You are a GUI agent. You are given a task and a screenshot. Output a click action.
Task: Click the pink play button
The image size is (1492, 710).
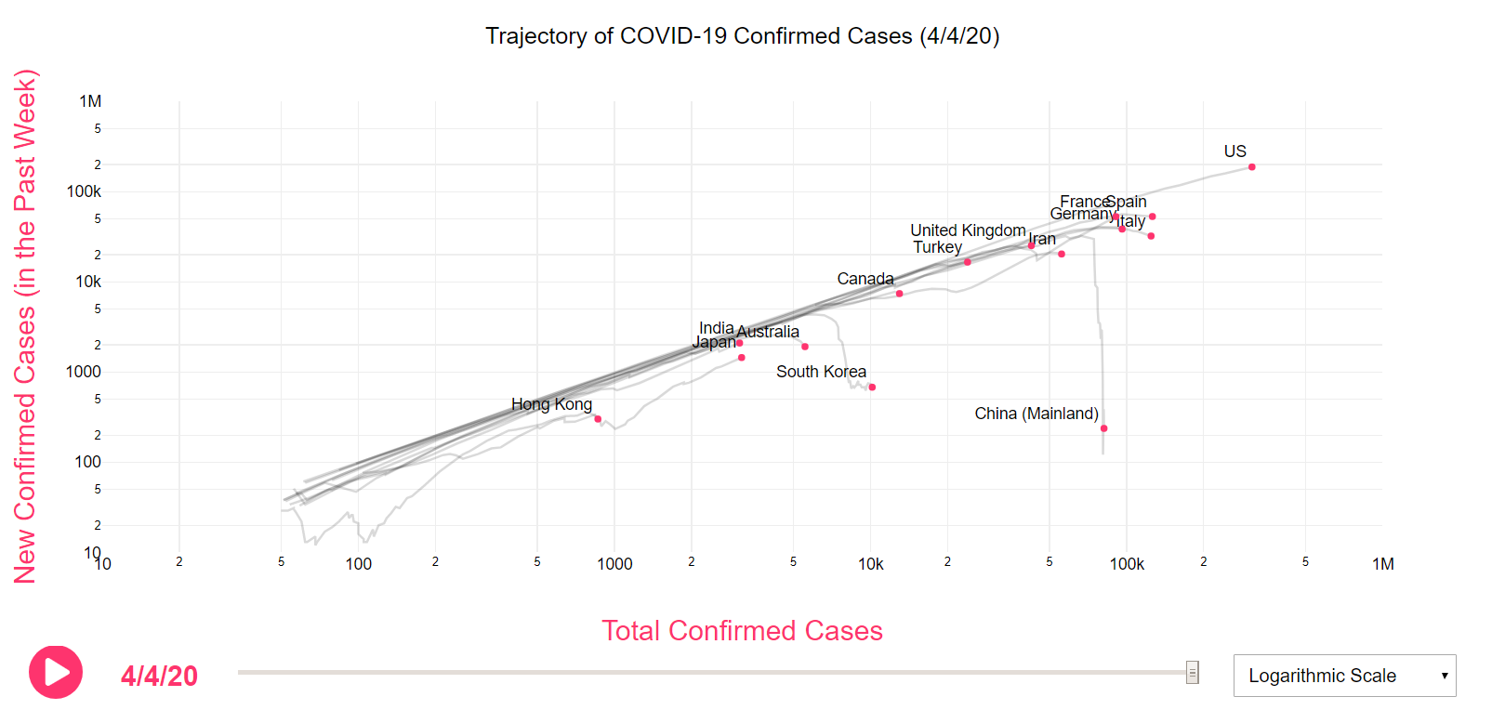pyautogui.click(x=56, y=672)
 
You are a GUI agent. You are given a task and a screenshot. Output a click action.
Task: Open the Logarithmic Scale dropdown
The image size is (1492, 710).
pyautogui.click(x=1343, y=676)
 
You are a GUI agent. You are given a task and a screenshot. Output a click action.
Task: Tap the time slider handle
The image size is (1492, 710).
pyautogui.click(x=1192, y=672)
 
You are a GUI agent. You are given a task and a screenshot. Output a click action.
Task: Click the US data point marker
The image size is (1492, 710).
pyautogui.click(x=1251, y=167)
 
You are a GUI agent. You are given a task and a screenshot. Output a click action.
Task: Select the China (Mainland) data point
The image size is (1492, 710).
pyautogui.click(x=1103, y=428)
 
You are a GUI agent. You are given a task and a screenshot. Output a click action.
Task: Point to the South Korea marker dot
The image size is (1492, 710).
pyautogui.click(x=872, y=388)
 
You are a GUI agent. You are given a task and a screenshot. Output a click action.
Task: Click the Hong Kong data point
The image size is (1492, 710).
pyautogui.click(x=598, y=419)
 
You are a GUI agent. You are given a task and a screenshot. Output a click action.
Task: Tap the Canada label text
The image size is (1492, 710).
pyautogui.click(x=865, y=279)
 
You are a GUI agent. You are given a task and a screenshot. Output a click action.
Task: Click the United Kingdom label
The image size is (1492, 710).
pyautogui.click(x=967, y=230)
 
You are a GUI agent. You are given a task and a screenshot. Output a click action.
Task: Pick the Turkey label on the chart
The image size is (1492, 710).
pyautogui.click(x=937, y=247)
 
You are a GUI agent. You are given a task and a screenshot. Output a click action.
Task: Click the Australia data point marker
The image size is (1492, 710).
pyautogui.click(x=805, y=347)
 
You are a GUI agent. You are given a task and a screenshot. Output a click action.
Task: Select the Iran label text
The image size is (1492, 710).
pyautogui.click(x=1042, y=239)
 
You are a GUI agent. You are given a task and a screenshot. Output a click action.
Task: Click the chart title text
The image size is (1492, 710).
pyautogui.click(x=742, y=36)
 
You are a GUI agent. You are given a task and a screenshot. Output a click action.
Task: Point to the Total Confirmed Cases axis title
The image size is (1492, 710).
pyautogui.click(x=742, y=631)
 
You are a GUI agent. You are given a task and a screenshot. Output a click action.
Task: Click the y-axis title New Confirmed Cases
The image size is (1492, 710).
pyautogui.click(x=25, y=325)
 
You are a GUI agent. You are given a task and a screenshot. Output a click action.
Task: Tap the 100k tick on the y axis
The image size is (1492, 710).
pyautogui.click(x=84, y=191)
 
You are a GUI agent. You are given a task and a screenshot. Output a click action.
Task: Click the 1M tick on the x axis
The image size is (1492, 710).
pyautogui.click(x=1382, y=564)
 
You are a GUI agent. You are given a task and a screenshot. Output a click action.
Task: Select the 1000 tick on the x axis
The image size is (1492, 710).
pyautogui.click(x=614, y=564)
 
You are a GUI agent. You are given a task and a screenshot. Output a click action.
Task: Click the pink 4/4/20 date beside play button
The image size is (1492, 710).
pyautogui.click(x=159, y=677)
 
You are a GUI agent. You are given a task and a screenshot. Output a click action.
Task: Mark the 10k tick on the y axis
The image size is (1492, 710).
pyautogui.click(x=88, y=282)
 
